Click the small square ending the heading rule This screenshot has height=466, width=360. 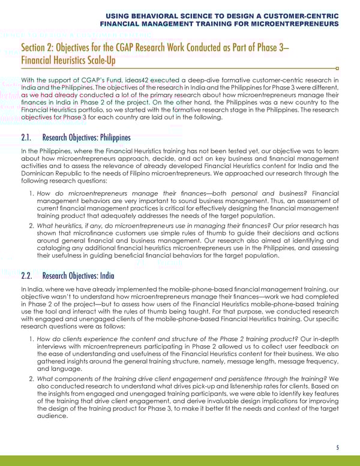pyautogui.click(x=337, y=68)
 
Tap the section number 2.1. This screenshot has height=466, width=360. pyautogui.click(x=29, y=137)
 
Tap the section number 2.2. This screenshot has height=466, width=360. pyautogui.click(x=29, y=276)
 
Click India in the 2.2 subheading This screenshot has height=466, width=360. pyautogui.click(x=101, y=276)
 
